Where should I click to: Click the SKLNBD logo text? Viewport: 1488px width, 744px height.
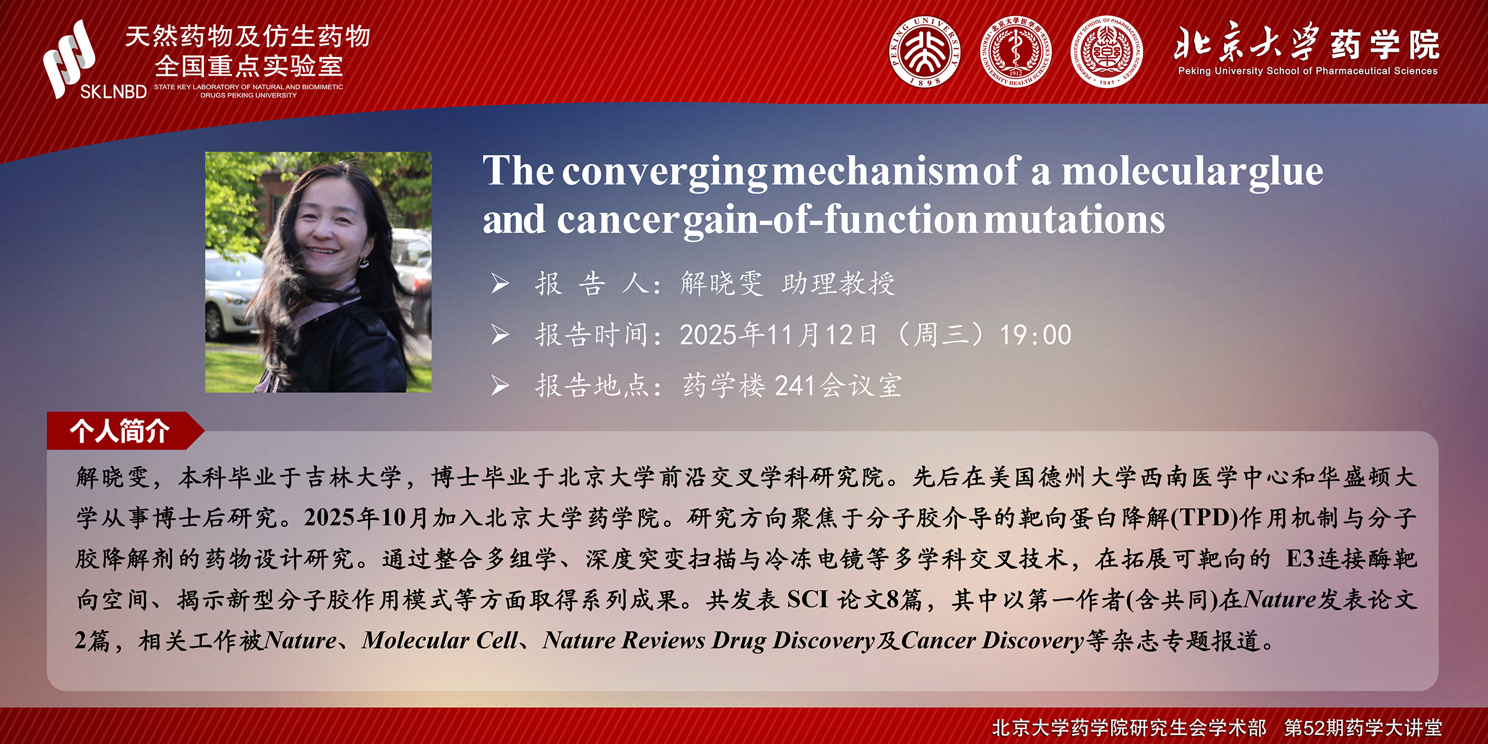click(x=113, y=92)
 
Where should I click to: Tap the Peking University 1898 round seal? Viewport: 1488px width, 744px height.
click(x=925, y=52)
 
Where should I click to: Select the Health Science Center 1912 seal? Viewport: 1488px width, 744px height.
click(x=1016, y=52)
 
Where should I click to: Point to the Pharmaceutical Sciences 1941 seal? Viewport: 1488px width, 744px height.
click(x=1106, y=52)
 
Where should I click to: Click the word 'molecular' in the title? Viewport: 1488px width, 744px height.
click(x=1155, y=171)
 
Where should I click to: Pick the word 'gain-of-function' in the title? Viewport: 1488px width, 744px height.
click(x=830, y=220)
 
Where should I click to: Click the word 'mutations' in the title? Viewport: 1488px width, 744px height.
click(x=1074, y=220)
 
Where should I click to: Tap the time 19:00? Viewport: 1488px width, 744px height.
click(x=1036, y=335)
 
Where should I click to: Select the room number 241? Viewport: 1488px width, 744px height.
click(x=795, y=386)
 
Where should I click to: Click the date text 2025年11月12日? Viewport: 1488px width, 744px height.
click(x=779, y=335)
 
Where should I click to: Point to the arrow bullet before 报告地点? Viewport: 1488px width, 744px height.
click(x=500, y=386)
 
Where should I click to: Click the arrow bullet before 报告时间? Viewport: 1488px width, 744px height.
click(x=500, y=335)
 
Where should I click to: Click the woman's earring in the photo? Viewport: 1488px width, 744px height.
click(x=363, y=261)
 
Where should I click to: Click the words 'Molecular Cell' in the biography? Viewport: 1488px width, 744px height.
click(x=440, y=640)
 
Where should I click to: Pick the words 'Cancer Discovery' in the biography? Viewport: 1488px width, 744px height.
click(x=992, y=641)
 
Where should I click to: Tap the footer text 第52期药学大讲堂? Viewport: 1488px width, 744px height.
click(x=1363, y=727)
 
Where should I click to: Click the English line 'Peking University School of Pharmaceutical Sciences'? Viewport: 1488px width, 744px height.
click(x=1308, y=71)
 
